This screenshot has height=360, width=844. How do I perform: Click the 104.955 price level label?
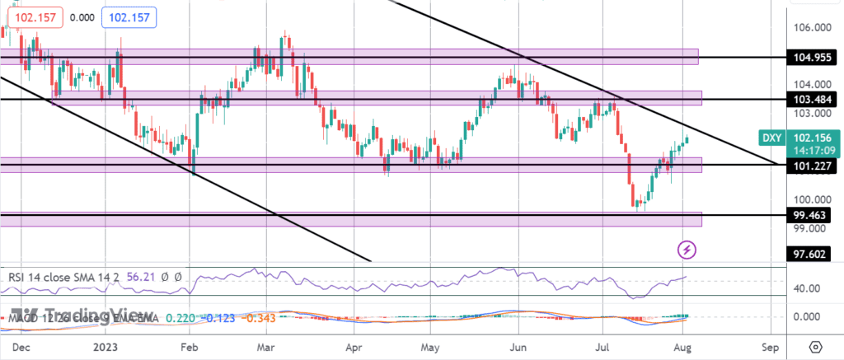(812, 59)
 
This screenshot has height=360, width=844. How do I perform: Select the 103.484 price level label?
(812, 99)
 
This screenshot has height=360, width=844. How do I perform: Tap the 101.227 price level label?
(812, 166)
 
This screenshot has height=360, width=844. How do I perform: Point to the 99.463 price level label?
(812, 214)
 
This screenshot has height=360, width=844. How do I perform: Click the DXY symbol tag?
(767, 138)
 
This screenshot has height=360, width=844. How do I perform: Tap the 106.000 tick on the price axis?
(812, 28)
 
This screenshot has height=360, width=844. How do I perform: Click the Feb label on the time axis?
(190, 346)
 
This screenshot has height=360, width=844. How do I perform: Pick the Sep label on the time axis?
(770, 346)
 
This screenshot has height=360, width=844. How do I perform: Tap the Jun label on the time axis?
(518, 346)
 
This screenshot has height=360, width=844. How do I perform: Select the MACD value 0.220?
(180, 317)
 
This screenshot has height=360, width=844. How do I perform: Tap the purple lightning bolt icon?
(686, 248)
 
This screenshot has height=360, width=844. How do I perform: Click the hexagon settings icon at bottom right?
(815, 346)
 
